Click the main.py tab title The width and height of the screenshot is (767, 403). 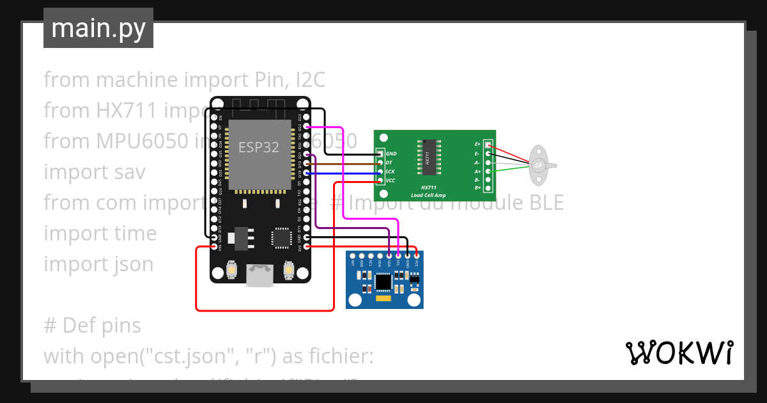click(x=98, y=28)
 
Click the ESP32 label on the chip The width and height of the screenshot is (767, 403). click(x=259, y=147)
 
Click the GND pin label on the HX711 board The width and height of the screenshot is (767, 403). click(x=391, y=154)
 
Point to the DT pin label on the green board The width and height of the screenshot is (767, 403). click(x=389, y=162)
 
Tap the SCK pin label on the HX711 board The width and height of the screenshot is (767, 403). click(x=390, y=171)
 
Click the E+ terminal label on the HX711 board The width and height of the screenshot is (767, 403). click(x=477, y=145)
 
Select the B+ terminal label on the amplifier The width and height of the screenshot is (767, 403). click(x=477, y=188)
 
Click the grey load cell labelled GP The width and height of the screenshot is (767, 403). click(x=538, y=166)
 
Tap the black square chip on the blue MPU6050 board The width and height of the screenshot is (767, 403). click(x=383, y=281)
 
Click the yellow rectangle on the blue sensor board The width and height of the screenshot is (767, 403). click(x=383, y=298)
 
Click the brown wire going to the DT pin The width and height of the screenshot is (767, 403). click(x=345, y=163)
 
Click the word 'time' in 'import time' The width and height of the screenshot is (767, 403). click(x=134, y=233)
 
